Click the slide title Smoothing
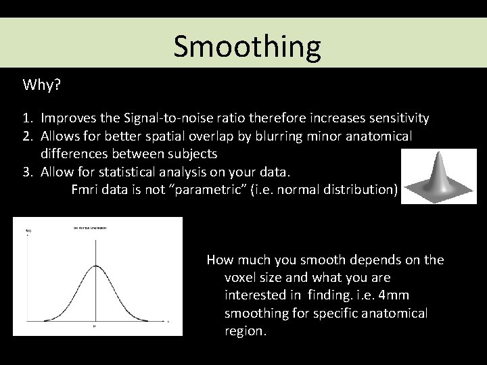246,46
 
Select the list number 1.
28,118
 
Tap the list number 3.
28,172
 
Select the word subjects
191,153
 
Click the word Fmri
86,189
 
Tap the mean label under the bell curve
95,326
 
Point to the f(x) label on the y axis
28,231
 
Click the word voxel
240,278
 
